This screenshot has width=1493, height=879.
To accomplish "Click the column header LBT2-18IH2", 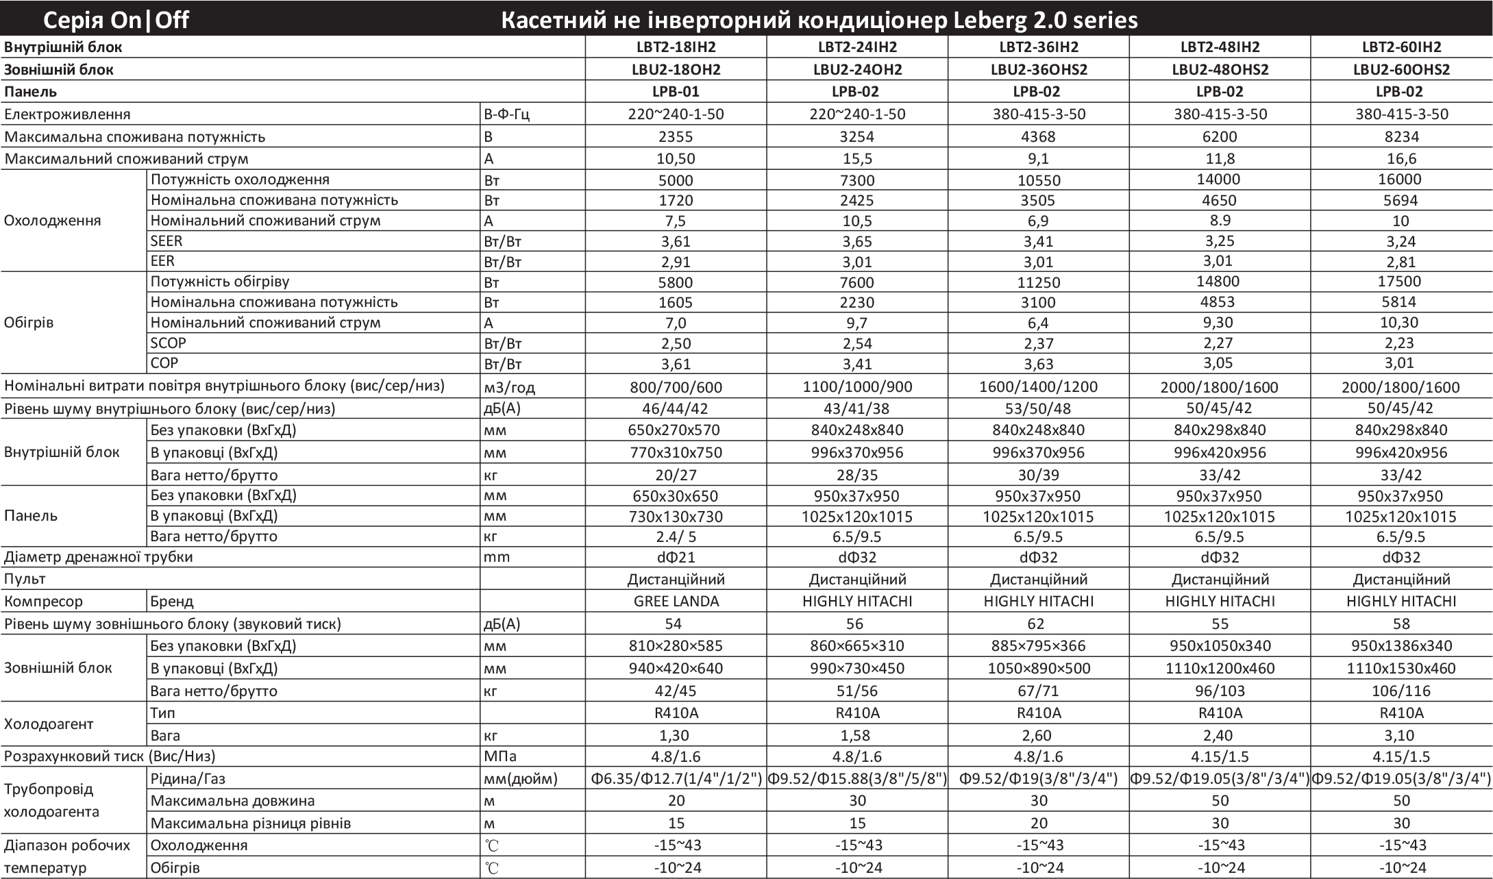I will pos(676,47).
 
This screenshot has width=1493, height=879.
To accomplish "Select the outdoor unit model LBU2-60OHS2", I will pos(1401,69).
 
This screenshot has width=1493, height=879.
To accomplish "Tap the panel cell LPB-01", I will pos(676,91).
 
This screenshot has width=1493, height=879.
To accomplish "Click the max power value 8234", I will pos(1401,136).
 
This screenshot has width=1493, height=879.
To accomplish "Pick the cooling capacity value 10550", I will pos(1039,180).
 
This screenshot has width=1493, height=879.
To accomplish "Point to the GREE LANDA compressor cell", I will pos(676,601).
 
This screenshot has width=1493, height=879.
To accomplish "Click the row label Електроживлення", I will pos(67,114).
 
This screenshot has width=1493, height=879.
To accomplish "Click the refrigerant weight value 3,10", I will pos(1401,735).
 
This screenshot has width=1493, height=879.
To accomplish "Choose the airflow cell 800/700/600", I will pos(676,387).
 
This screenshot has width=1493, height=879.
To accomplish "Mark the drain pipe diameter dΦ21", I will pos(676,557).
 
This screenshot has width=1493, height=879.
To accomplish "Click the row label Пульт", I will pos(25,579).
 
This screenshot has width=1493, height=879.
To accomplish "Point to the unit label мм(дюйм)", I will pos(520,778).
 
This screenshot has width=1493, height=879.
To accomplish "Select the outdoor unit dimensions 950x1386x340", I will pos(1401,645).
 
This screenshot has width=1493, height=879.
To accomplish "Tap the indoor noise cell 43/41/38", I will pos(857,409).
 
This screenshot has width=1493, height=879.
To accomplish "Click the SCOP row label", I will pos(168,343).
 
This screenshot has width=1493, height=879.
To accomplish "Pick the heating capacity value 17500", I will pos(1401,282).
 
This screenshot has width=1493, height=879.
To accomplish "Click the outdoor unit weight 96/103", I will pos(1220,691).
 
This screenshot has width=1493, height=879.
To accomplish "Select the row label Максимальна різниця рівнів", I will pos(251,823).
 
